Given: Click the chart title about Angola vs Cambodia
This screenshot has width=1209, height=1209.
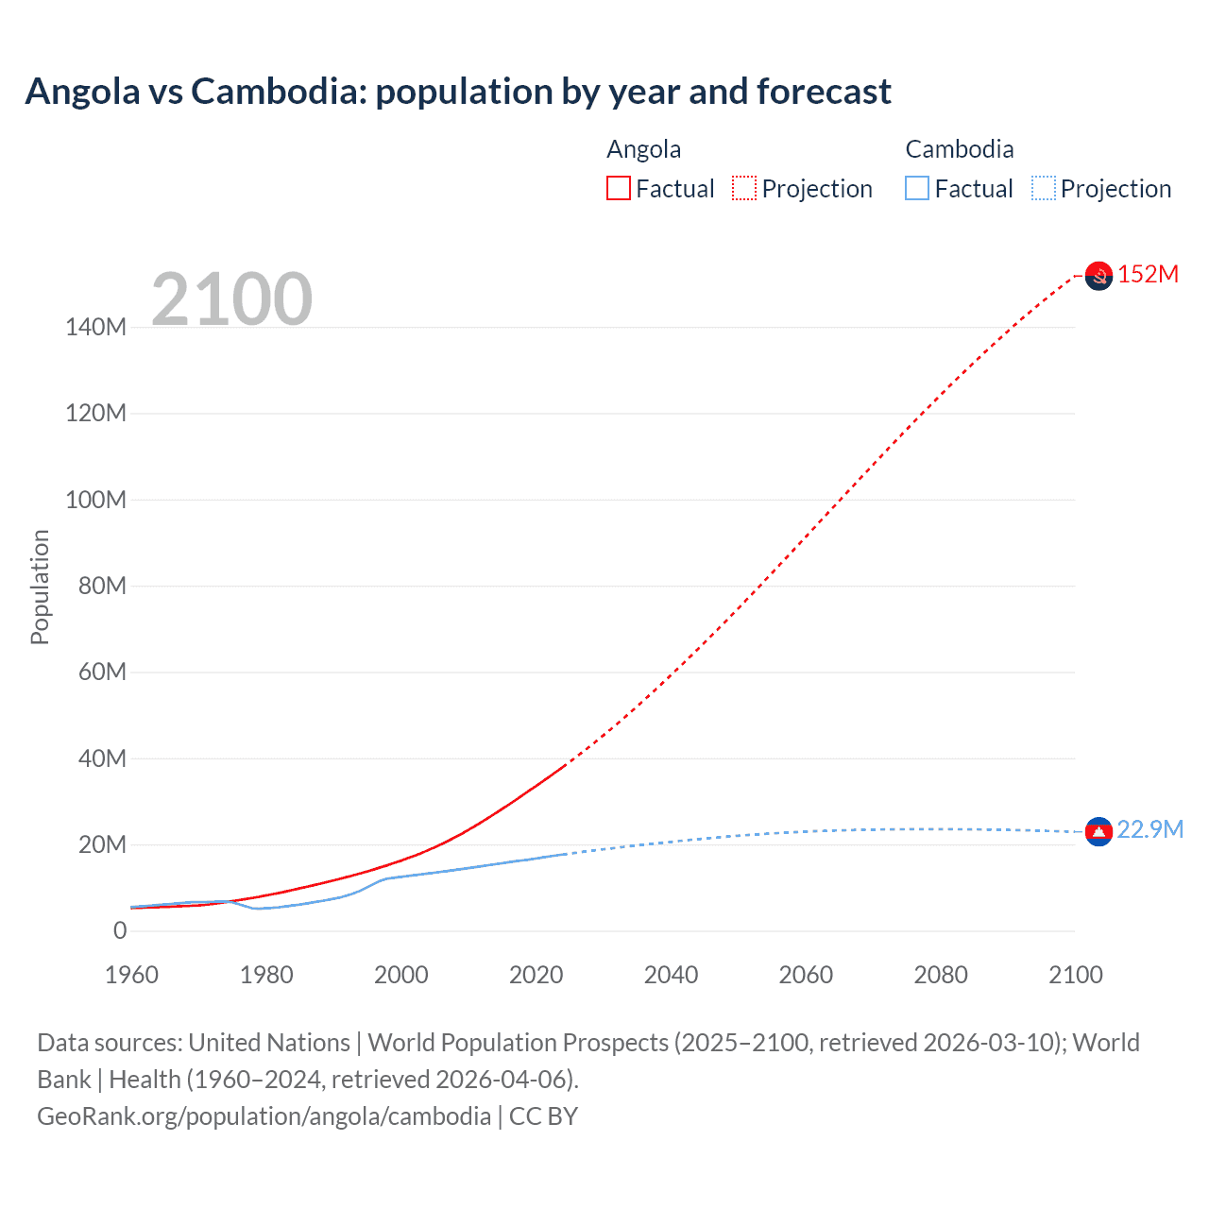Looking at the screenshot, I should [x=458, y=92].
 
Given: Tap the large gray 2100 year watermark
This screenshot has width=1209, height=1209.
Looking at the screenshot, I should [x=231, y=299].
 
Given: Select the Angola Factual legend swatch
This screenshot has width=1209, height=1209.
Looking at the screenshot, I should [x=619, y=188].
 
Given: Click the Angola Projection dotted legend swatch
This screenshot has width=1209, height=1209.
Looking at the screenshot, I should [x=744, y=188].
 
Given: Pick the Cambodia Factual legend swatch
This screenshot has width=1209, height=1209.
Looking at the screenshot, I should [x=917, y=188].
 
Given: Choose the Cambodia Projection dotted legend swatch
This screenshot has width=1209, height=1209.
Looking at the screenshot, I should [x=1044, y=188].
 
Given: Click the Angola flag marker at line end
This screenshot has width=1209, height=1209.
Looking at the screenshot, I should [x=1098, y=276].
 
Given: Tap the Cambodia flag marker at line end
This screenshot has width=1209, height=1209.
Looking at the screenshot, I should [x=1098, y=831].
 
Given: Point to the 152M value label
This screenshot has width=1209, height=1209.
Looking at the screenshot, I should [x=1148, y=274].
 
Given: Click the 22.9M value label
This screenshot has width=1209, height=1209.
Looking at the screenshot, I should [x=1149, y=829].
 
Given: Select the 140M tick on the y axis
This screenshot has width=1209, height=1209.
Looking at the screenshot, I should [x=95, y=327].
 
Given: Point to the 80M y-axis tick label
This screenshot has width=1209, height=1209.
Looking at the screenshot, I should [x=102, y=586].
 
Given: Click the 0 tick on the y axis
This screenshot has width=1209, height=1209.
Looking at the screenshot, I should [x=120, y=930].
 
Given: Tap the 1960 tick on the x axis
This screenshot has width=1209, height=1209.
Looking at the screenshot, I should [x=131, y=975].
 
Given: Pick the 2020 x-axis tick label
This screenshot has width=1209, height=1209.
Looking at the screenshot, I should [x=536, y=975].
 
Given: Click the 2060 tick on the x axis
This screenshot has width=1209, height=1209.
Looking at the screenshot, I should [x=806, y=975].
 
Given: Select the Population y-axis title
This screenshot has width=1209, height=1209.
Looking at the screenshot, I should [x=40, y=587].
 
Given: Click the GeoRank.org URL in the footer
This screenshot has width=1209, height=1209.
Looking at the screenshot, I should [x=264, y=1116].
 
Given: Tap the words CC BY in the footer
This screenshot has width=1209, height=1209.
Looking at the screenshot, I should [x=543, y=1116].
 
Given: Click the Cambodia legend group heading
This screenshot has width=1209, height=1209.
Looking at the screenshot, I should [x=959, y=149].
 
